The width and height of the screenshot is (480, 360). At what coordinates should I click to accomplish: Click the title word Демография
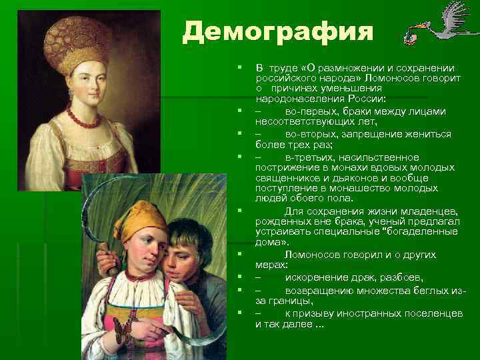[x=279, y=31]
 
